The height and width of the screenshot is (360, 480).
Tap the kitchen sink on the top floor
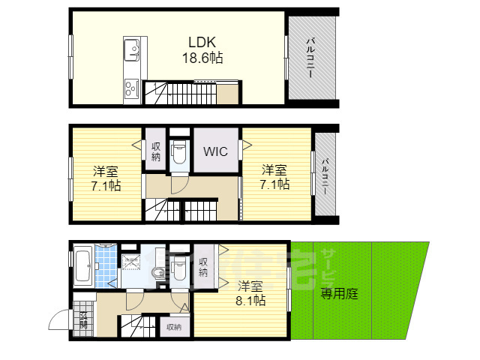(x=132, y=50)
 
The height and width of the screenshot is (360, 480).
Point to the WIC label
(x=217, y=150)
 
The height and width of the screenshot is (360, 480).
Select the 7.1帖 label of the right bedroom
(x=274, y=177)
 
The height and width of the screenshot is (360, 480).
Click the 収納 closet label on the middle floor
(x=156, y=151)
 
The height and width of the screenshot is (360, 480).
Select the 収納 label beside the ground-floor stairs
(x=173, y=327)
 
